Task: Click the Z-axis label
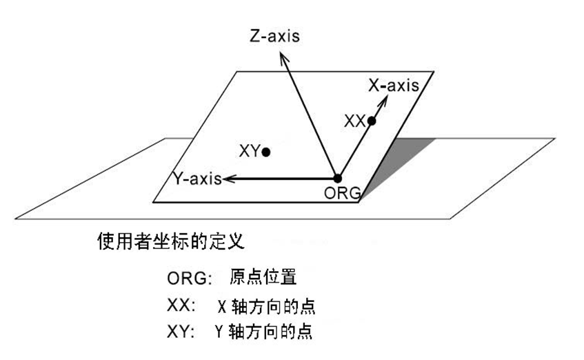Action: [x=274, y=35]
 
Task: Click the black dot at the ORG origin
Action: [x=337, y=178]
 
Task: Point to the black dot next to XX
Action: [x=372, y=121]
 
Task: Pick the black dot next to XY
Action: [x=266, y=151]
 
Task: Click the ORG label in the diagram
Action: [x=342, y=193]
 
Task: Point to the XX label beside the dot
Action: [x=354, y=121]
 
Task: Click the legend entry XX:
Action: [x=182, y=306]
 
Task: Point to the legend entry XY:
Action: [x=182, y=331]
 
